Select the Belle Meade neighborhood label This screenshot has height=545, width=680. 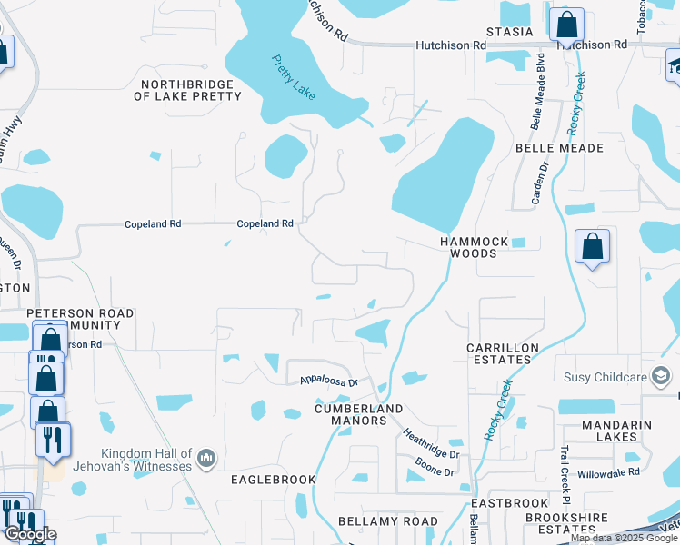pyautogui.click(x=559, y=148)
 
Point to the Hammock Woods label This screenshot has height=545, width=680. pyautogui.click(x=469, y=248)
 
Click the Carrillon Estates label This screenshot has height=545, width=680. pyautogui.click(x=503, y=353)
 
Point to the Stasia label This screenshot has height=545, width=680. pyautogui.click(x=509, y=32)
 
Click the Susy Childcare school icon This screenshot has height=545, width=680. pyautogui.click(x=661, y=376)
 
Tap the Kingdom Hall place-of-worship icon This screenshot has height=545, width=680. pyautogui.click(x=206, y=460)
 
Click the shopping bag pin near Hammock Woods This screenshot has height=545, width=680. pyautogui.click(x=592, y=246)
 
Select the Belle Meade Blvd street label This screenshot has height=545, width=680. pyautogui.click(x=538, y=91)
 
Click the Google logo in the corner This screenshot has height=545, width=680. pyautogui.click(x=30, y=534)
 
